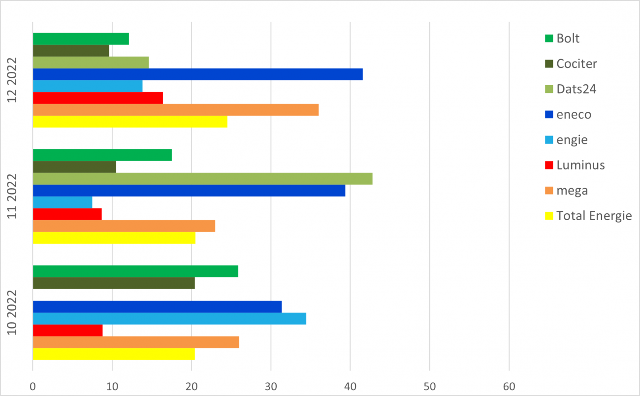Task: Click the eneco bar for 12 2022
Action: [x=197, y=74]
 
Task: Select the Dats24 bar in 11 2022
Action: [x=202, y=179]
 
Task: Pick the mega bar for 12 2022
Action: [x=175, y=110]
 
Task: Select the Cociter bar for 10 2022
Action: [x=113, y=283]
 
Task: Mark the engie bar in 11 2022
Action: [x=62, y=202]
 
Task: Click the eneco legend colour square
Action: [x=549, y=115]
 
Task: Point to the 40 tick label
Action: [x=350, y=387]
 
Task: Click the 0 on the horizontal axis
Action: [x=32, y=387]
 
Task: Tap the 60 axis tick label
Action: [x=509, y=387]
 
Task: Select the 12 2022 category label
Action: [x=13, y=80]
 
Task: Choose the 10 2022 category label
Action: [x=13, y=313]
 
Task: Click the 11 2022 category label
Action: [x=13, y=197]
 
